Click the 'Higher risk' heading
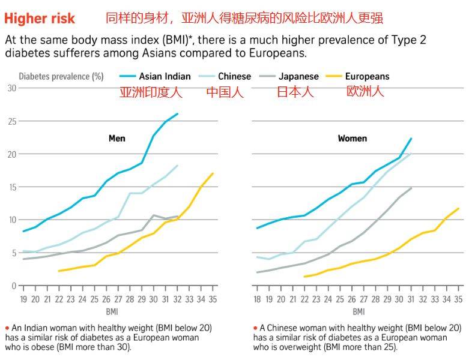40,18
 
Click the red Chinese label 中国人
225,92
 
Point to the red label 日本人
295,92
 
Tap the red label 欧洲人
365,92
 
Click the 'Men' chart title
116,139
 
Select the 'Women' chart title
352,139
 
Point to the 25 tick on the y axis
11,121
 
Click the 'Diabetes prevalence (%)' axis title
61,76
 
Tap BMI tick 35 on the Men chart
211,299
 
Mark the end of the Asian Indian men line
177,114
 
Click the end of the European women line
459,208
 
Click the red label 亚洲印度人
150,92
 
